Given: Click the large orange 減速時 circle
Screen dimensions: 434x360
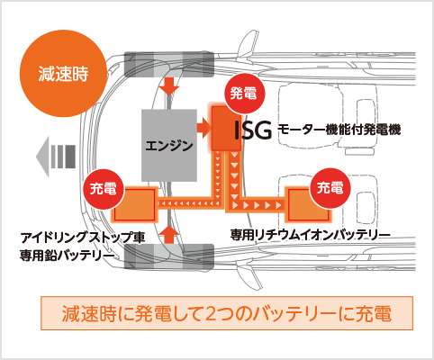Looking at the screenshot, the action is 63,73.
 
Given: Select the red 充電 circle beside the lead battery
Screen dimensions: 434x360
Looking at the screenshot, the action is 104,189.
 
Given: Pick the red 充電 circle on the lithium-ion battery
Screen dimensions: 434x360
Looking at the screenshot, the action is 330,188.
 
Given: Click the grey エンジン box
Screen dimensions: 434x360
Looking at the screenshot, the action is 169,146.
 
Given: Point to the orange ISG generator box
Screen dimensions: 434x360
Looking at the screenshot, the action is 226,129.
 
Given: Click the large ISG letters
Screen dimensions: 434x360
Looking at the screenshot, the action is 253,130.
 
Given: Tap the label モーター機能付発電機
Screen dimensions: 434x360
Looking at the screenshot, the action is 339,130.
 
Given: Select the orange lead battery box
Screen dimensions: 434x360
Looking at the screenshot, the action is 135,204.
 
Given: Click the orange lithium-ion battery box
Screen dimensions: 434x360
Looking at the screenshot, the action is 308,204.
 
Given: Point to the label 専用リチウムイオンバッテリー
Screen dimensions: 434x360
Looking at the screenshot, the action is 310,235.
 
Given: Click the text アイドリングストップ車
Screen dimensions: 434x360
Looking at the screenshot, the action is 83,238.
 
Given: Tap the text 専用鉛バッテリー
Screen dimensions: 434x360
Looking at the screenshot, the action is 68,256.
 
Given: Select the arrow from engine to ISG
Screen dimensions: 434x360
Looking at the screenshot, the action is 204,128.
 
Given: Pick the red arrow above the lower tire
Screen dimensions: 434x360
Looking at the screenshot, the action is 169,235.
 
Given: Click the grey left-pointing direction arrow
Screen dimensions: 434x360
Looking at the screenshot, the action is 56,157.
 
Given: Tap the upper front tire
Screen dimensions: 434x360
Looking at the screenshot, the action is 169,64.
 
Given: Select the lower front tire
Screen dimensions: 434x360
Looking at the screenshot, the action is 169,256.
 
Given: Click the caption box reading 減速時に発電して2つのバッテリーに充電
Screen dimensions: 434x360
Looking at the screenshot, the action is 227,313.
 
